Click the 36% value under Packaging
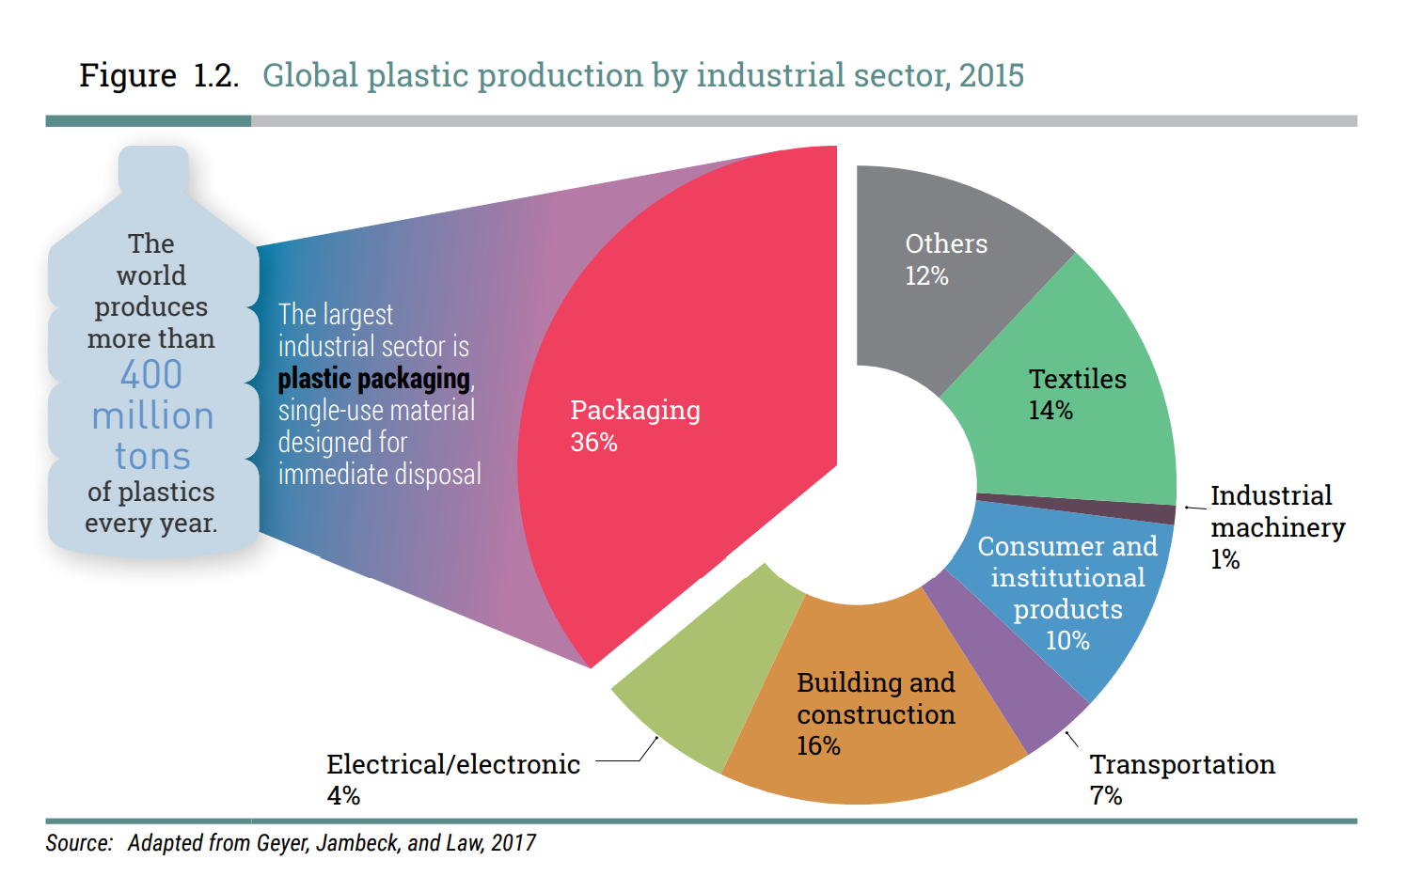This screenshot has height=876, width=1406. pyautogui.click(x=593, y=443)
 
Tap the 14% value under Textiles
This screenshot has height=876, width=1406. pyautogui.click(x=1051, y=411)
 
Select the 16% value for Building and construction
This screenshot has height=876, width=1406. pyautogui.click(x=818, y=746)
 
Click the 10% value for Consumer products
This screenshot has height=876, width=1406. pyautogui.click(x=1067, y=641)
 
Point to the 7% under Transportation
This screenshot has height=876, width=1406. pyautogui.click(x=1106, y=796)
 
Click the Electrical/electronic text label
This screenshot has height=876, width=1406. pyautogui.click(x=453, y=765)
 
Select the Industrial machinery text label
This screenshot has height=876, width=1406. pyautogui.click(x=1276, y=512)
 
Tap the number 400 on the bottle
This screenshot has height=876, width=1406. pyautogui.click(x=151, y=375)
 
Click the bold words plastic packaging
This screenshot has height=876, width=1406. pyautogui.click(x=373, y=379)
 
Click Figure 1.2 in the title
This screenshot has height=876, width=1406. pyautogui.click(x=158, y=75)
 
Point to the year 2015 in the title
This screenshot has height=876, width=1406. pyautogui.click(x=991, y=75)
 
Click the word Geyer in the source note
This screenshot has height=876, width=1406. pyautogui.click(x=282, y=843)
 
